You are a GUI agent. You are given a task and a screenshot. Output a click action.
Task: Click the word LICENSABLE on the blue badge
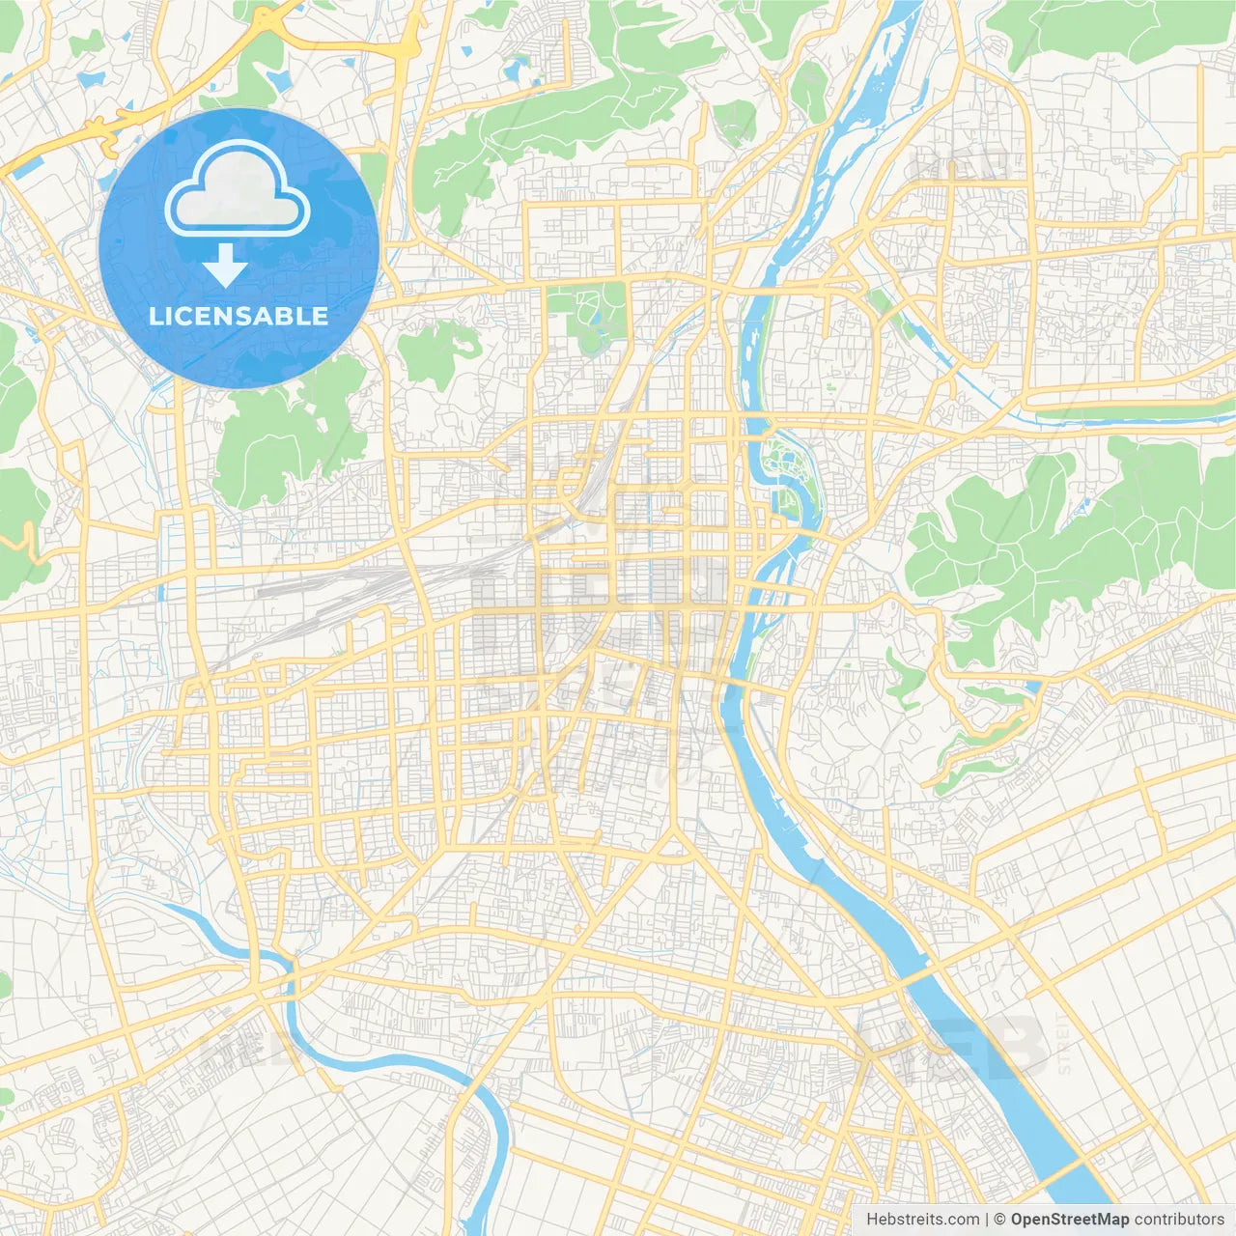tap(239, 316)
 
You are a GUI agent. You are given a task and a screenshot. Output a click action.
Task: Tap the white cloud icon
tap(238, 191)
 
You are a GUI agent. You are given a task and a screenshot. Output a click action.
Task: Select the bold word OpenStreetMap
tap(1069, 1220)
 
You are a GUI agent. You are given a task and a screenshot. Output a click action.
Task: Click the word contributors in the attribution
tap(1178, 1220)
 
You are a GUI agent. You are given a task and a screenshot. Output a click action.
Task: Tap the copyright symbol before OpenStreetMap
tap(1000, 1220)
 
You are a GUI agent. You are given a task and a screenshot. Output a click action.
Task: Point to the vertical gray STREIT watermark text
tap(1064, 1043)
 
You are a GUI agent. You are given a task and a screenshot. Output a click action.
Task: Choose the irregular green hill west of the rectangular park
tap(439, 352)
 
